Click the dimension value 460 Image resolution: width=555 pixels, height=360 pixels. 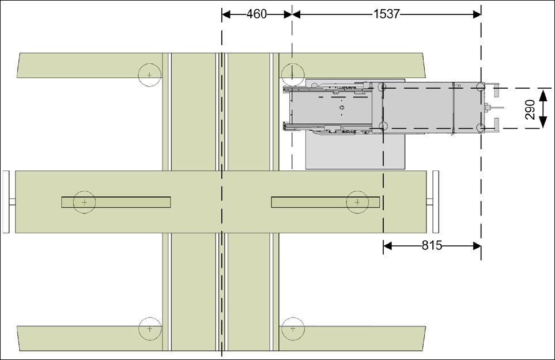[x=256, y=14]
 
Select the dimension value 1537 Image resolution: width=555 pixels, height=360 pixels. [x=387, y=14]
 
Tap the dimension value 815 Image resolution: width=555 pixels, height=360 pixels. [x=432, y=245]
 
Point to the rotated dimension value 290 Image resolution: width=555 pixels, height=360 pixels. [x=530, y=109]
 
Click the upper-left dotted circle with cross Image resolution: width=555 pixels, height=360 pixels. [x=149, y=75]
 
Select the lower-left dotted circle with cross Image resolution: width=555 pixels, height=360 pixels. [x=150, y=329]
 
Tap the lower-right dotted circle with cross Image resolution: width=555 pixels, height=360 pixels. [x=293, y=329]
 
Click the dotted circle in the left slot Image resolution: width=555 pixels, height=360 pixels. [x=84, y=202]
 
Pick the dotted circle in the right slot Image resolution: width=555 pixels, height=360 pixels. [x=357, y=202]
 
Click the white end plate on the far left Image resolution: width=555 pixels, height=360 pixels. [x=6, y=202]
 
